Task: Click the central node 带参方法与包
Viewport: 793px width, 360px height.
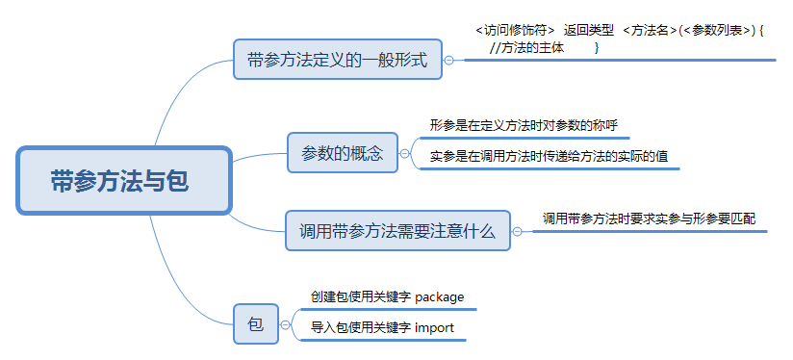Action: coord(124,181)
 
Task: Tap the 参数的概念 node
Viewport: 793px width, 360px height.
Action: coord(343,153)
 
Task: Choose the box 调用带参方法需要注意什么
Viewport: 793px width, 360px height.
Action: coord(397,231)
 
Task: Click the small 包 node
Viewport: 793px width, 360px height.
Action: coord(256,324)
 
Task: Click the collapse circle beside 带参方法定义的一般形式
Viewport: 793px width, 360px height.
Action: coord(448,60)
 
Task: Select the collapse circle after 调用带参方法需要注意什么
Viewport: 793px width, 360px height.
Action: coord(517,231)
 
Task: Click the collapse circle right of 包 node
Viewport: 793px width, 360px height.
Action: coord(286,324)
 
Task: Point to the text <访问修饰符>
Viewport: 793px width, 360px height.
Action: coord(514,30)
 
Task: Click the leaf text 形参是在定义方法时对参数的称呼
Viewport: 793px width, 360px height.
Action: coord(524,125)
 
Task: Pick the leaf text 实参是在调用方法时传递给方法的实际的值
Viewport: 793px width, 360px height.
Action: coord(550,155)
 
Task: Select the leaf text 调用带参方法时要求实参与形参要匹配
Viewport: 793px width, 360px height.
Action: coord(649,219)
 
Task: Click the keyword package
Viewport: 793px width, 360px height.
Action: coord(440,296)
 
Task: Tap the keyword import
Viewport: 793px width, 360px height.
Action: coord(434,328)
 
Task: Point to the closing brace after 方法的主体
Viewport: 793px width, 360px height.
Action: coord(598,46)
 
